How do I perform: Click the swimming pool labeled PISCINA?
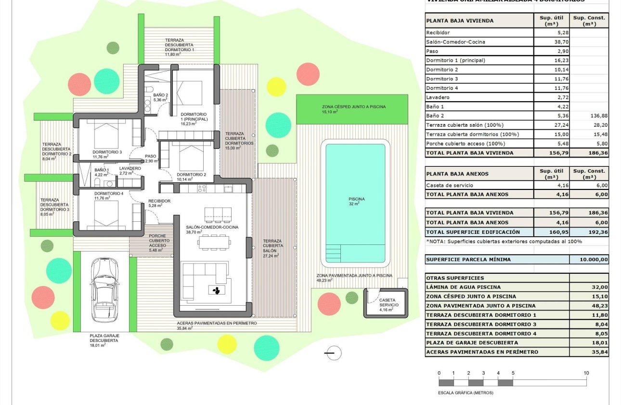click(355, 202)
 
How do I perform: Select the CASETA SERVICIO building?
click(386, 302)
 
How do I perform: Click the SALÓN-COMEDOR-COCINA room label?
click(212, 227)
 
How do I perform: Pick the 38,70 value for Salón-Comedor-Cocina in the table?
click(551, 42)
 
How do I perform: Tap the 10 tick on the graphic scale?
click(586, 373)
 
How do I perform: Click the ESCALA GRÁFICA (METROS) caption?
click(466, 392)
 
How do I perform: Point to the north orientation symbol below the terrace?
click(332, 353)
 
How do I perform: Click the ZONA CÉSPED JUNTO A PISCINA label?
click(354, 107)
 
